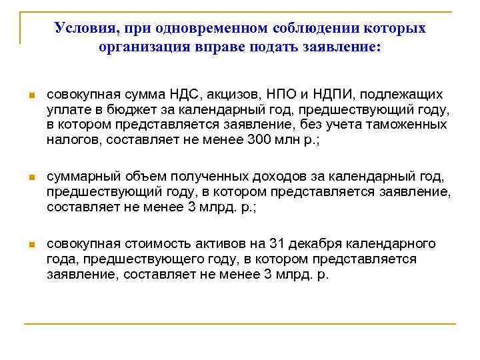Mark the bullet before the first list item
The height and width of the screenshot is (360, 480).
coord(31,95)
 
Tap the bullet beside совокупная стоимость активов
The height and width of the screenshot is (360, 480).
coord(31,244)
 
